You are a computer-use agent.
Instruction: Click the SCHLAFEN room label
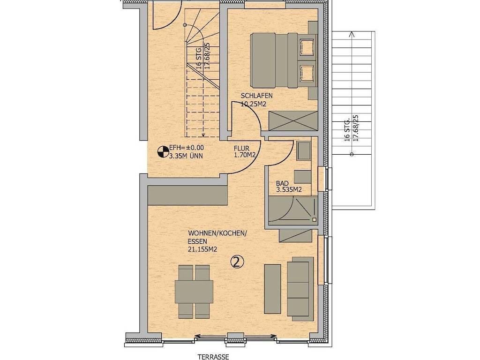coord(256,96)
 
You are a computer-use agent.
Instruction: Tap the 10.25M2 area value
coord(254,104)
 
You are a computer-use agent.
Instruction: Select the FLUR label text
coord(241,149)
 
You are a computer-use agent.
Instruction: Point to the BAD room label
coord(282,183)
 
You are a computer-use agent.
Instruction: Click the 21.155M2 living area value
coord(202,249)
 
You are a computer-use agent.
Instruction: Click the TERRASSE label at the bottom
coord(213,357)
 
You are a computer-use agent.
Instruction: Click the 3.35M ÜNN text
coord(186,156)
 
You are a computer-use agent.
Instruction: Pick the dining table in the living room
coord(194,292)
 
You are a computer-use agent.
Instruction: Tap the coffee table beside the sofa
coord(272,289)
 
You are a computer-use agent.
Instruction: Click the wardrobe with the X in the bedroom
coord(293,121)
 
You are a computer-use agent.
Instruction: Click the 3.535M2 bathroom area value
coord(289,190)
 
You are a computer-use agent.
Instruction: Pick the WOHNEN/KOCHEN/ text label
coord(217,233)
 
